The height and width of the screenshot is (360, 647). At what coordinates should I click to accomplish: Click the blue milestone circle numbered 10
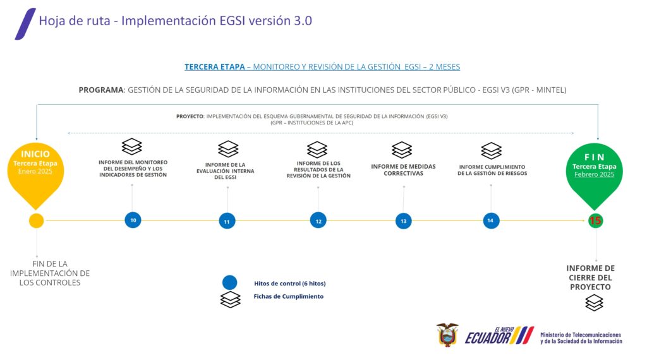coord(133,220)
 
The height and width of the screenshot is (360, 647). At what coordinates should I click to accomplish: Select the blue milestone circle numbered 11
coord(227,221)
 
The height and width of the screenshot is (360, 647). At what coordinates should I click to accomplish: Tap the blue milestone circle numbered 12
coord(318,220)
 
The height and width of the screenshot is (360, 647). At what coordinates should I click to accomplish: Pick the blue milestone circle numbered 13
coord(404,221)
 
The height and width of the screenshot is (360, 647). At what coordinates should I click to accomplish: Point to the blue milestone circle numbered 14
coord(491,220)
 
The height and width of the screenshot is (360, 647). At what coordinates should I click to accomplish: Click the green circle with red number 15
coord(595,220)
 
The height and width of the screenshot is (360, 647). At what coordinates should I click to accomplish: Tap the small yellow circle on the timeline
coord(36,220)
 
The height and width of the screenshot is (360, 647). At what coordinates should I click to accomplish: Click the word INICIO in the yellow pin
coord(35,154)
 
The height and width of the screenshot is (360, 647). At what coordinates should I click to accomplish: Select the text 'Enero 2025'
coord(35,171)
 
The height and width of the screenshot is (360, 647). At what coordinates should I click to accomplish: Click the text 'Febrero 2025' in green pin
coord(594,174)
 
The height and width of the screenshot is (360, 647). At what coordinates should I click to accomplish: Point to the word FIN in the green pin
coord(595,157)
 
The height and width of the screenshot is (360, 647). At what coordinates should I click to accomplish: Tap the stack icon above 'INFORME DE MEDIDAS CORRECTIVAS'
coord(402,150)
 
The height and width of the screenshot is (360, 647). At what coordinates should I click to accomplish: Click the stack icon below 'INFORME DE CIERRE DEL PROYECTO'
coord(594,303)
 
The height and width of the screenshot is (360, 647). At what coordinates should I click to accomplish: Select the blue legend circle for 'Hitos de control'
coord(230,282)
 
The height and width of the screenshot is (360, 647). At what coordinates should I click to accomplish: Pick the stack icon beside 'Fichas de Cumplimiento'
coord(230,299)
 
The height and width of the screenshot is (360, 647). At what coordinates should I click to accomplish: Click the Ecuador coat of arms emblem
coord(447,335)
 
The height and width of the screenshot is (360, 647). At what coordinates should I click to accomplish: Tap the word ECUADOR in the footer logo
coord(487,338)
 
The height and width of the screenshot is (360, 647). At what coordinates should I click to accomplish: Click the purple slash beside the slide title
coord(25,24)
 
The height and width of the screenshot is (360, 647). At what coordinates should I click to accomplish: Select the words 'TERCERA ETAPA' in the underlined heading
coord(215,67)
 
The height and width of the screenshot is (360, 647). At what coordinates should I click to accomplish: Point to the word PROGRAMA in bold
coord(101,90)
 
